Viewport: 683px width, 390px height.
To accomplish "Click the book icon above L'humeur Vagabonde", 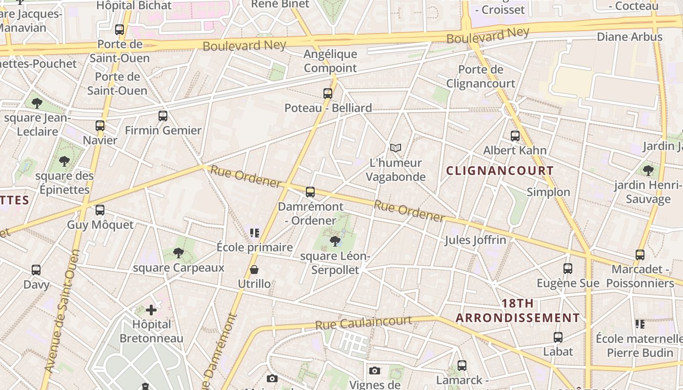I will [396, 148].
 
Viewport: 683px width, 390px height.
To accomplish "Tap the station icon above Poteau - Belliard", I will [328, 93].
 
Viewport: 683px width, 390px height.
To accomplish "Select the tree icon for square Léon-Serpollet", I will [335, 240].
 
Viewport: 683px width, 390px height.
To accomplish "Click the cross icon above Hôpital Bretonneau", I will [151, 310].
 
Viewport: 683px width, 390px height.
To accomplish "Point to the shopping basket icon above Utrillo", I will [254, 270].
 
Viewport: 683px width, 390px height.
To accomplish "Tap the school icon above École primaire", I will [254, 233].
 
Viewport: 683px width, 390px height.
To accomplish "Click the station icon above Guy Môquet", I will [100, 210].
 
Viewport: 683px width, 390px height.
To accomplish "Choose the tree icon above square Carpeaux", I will [179, 253].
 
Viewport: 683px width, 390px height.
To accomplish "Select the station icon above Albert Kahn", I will [515, 136].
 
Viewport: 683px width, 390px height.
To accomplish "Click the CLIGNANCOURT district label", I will [500, 171].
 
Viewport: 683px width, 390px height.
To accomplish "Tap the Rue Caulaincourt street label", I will [363, 322].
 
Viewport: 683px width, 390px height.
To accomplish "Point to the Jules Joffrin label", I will [475, 240].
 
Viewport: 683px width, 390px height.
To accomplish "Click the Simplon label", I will [548, 192].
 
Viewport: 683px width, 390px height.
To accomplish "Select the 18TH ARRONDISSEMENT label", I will [518, 311].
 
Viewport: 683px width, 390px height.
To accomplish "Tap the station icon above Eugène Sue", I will [568, 268].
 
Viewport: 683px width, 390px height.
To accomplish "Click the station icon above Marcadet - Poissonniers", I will [640, 254].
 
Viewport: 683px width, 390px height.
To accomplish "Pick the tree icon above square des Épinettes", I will [64, 161].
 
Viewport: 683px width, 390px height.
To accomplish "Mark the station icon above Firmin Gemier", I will [163, 116].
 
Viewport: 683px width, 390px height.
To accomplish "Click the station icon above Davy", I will [36, 270].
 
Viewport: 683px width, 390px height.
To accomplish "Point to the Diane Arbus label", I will [629, 37].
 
